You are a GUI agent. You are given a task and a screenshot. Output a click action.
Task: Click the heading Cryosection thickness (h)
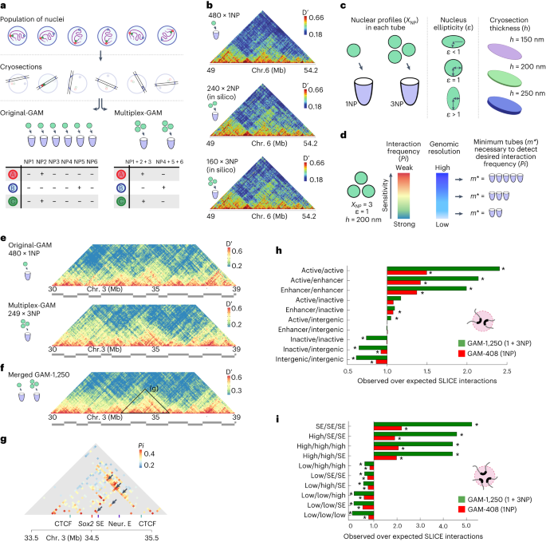[x=489, y=17]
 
